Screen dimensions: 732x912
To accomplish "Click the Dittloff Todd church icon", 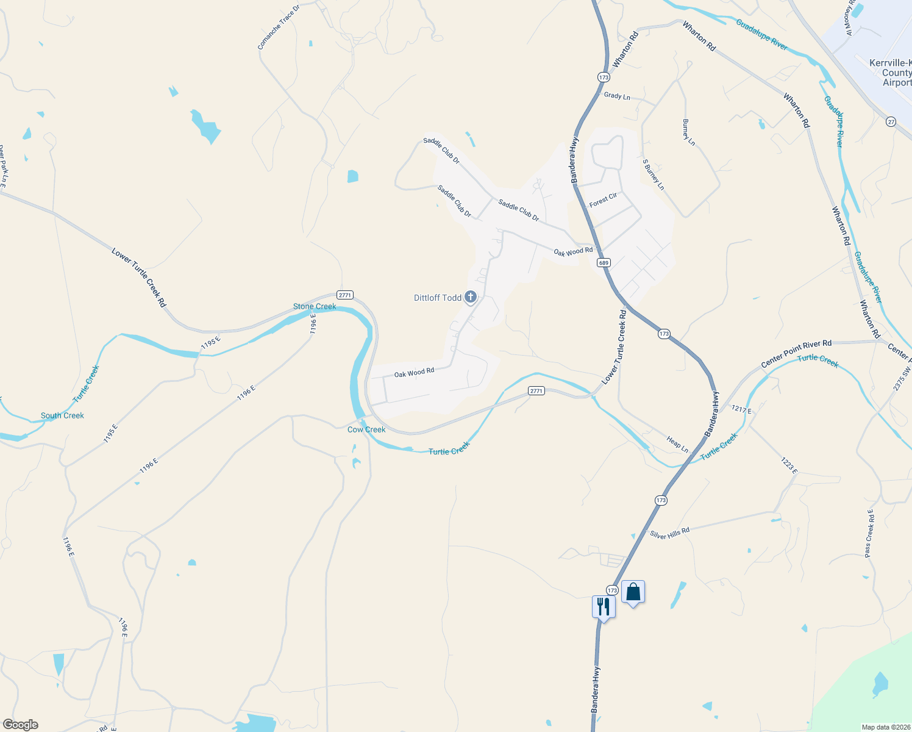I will [x=470, y=297].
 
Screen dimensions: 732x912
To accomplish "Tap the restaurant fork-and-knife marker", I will [x=603, y=607].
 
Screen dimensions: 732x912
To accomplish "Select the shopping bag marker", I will [x=633, y=592].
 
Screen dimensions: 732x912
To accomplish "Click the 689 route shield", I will [x=604, y=263].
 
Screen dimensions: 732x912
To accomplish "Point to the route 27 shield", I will [x=891, y=122].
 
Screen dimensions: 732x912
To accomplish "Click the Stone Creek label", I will [x=315, y=306].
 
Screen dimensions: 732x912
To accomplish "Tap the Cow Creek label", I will [x=366, y=429].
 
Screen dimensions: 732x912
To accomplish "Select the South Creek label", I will [x=62, y=415].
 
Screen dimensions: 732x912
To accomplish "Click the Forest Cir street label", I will [x=603, y=200].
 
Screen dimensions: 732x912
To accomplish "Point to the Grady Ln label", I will [x=617, y=96].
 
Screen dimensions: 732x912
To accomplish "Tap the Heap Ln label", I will [x=677, y=444].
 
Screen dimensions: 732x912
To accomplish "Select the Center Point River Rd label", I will [x=796, y=354].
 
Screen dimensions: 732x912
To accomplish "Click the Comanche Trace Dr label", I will [x=279, y=28].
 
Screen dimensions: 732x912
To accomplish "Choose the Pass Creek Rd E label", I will [x=869, y=533].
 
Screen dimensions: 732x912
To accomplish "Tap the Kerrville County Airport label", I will [x=891, y=73].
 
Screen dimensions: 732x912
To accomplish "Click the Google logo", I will [x=21, y=725].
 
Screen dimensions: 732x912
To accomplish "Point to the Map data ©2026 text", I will [x=885, y=727].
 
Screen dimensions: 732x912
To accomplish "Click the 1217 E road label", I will [x=741, y=409].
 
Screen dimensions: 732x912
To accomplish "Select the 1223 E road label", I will [x=789, y=465].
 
